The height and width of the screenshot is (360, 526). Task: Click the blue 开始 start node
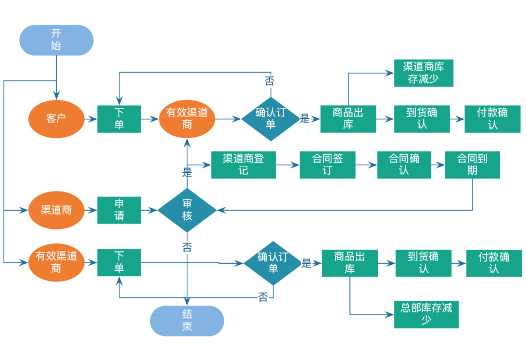(56, 40)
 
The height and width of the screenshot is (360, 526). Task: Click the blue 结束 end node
(187, 321)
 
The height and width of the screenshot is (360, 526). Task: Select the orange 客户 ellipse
(56, 119)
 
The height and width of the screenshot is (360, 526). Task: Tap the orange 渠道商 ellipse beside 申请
(56, 210)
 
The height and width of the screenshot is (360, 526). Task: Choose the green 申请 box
(119, 210)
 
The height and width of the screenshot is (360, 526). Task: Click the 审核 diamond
(187, 210)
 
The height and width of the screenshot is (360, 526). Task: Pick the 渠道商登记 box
(243, 165)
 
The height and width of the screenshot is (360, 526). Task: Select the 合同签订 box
(327, 165)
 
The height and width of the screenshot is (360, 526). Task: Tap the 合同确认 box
(404, 165)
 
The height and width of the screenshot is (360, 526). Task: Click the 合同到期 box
(472, 165)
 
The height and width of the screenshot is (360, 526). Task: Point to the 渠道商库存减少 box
(423, 73)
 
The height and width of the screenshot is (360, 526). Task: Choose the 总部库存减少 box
(426, 315)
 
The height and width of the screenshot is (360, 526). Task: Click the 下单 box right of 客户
(119, 119)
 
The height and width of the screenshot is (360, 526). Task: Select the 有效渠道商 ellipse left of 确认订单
(187, 119)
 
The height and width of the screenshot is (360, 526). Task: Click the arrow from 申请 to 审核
(149, 210)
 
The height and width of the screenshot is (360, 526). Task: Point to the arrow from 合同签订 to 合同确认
(367, 165)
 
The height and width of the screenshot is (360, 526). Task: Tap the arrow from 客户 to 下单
(91, 119)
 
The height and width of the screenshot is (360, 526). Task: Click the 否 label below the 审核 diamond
(187, 247)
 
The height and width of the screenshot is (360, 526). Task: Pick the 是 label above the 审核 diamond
(187, 172)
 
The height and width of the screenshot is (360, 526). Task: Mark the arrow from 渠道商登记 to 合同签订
(288, 165)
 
